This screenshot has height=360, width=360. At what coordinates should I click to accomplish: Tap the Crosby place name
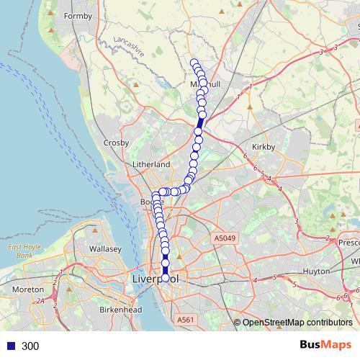click(116, 143)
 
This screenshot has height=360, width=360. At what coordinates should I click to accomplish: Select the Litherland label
click(151, 164)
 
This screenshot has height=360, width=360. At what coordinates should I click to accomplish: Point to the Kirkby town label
click(264, 146)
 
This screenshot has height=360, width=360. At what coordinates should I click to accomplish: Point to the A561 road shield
click(186, 320)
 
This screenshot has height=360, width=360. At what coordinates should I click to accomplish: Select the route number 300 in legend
click(30, 346)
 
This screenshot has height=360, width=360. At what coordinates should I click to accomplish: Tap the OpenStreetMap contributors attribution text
click(297, 322)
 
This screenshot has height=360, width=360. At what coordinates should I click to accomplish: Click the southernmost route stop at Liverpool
click(166, 277)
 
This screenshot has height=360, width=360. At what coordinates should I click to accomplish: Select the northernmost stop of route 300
click(194, 62)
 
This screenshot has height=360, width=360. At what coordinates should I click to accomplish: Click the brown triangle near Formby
click(50, 32)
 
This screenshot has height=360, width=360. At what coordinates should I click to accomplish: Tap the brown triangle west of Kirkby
click(249, 108)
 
